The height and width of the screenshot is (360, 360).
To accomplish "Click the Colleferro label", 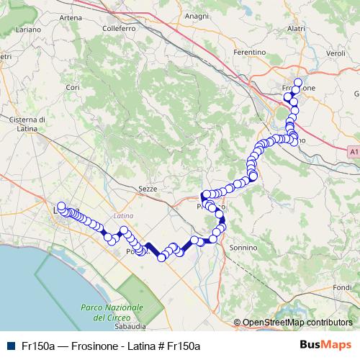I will [119, 29].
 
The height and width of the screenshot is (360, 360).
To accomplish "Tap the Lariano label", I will [29, 30].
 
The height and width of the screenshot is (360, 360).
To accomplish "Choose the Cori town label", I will [72, 87].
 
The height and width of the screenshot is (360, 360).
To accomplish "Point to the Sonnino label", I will [243, 247].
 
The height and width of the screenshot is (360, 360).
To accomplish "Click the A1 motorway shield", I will [353, 151].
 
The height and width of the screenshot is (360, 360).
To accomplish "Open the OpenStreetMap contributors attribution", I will [297, 323].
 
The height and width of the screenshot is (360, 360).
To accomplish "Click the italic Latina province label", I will [124, 215].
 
